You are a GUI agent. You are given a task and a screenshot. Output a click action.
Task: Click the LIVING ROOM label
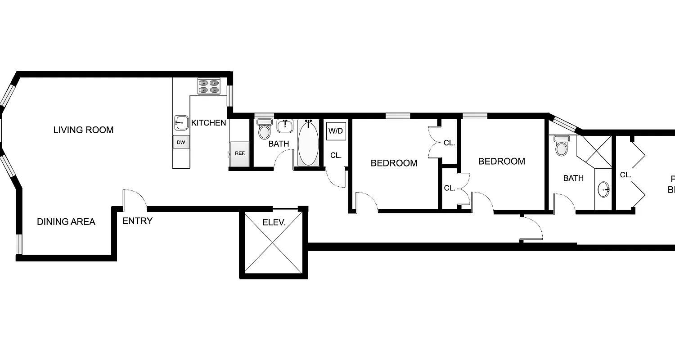point(83,130)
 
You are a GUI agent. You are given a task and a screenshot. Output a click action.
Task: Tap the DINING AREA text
point(66,221)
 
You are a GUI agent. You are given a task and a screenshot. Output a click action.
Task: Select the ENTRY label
point(137,221)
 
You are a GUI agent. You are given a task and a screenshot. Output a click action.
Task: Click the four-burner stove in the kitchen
point(208,86)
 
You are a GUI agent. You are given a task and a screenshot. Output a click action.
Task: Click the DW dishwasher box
point(181,142)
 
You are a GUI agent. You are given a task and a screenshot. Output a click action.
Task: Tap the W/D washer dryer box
point(336,131)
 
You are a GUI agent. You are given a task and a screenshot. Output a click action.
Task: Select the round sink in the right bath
point(604,190)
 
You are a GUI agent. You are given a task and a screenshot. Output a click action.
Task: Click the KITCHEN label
point(208,122)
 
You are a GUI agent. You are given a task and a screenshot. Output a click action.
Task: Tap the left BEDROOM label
point(394,163)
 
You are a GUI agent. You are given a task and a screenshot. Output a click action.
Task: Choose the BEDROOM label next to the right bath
point(501,161)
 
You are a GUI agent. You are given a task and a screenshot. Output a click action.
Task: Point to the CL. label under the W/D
point(336,155)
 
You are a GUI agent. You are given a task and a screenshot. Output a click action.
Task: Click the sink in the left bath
point(284,127)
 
